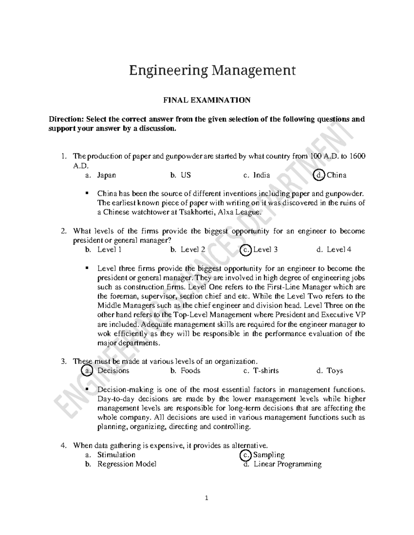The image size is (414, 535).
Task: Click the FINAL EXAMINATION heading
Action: click(207, 100)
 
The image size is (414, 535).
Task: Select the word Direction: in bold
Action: click(66, 120)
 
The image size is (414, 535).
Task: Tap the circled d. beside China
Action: click(319, 175)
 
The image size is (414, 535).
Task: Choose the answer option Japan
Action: click(106, 175)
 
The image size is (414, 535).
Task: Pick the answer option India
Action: click(262, 175)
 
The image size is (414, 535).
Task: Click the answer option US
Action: click(186, 175)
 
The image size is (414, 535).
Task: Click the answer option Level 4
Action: click(339, 250)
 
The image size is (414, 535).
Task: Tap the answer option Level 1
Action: click(109, 250)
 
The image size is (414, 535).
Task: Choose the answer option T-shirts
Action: click(266, 371)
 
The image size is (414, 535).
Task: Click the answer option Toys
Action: click(335, 371)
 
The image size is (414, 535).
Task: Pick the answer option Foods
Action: click(190, 371)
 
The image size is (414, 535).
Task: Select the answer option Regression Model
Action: click(127, 464)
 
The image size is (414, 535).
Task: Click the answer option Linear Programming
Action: click(287, 464)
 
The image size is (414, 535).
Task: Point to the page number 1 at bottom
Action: click(207, 498)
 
